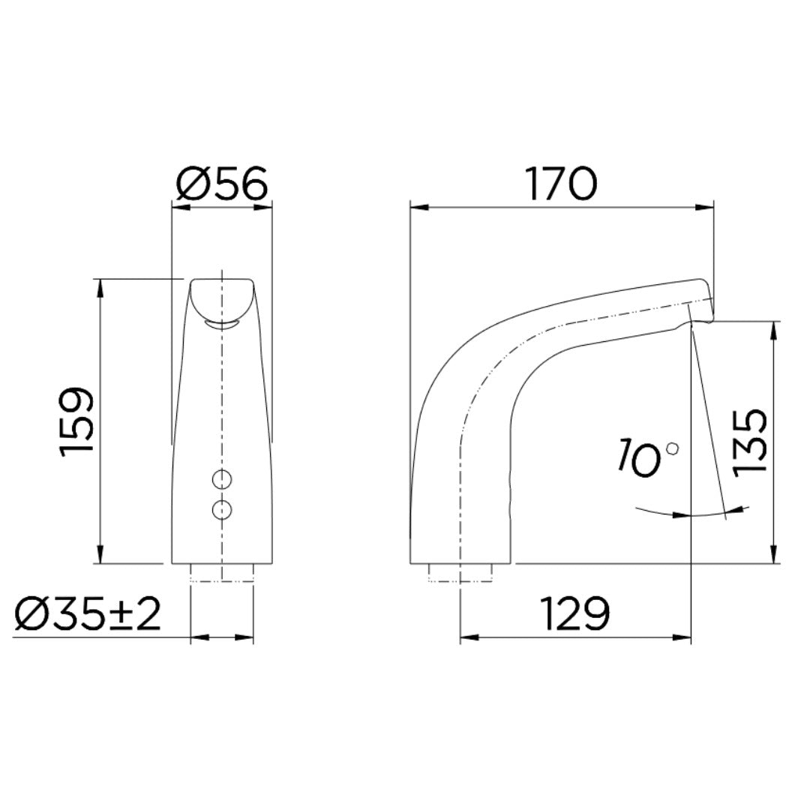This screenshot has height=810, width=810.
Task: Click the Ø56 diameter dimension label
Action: click(x=221, y=184)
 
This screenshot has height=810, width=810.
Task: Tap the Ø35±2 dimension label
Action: click(x=88, y=615)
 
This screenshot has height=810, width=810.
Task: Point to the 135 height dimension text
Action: click(x=750, y=441)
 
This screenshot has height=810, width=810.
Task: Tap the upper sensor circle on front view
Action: click(x=222, y=478)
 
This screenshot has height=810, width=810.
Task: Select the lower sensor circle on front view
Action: click(x=222, y=509)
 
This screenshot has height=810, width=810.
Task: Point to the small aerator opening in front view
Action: click(x=221, y=324)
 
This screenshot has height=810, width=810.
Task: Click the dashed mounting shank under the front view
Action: click(x=222, y=573)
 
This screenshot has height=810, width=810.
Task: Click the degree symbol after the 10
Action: click(x=672, y=448)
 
